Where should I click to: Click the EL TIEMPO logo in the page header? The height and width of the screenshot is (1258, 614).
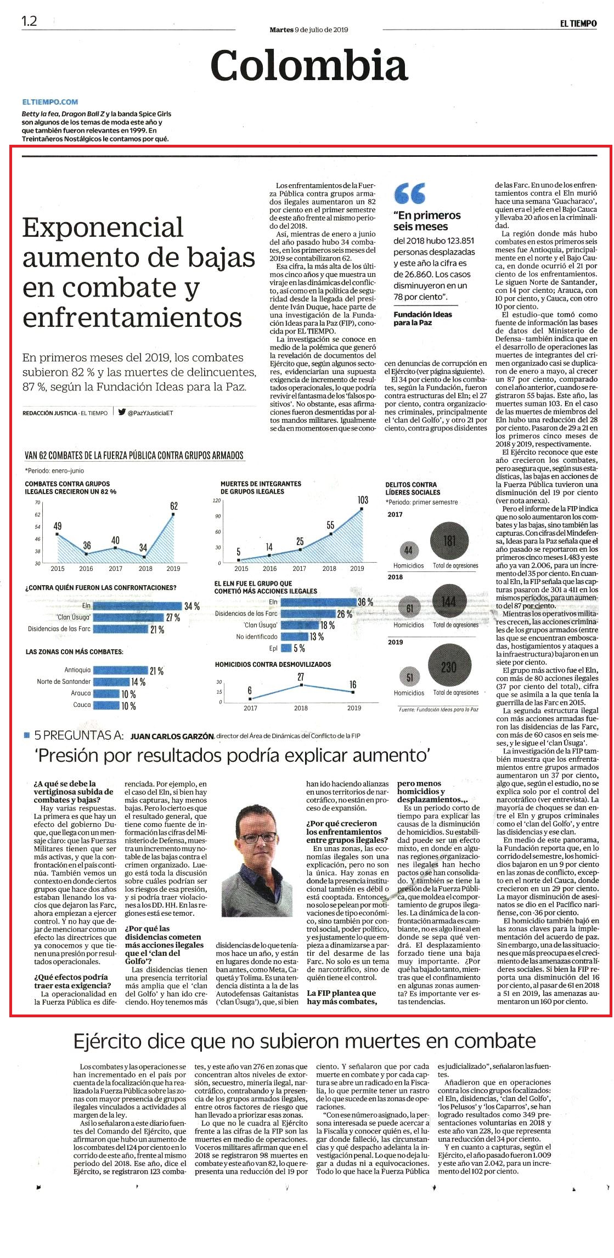578,24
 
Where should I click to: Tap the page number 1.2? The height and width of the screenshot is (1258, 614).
30,21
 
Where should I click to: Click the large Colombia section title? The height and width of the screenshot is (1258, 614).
309,65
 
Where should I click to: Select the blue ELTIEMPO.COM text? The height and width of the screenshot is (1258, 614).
50,101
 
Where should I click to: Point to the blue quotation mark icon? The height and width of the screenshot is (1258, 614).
410,192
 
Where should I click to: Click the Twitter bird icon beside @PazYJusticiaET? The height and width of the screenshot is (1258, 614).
122,412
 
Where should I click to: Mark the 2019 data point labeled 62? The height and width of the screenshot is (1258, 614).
174,514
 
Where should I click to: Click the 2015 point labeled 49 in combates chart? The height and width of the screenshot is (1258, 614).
58,534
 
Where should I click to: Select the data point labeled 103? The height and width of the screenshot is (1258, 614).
362,509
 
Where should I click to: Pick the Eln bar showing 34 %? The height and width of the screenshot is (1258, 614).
137,606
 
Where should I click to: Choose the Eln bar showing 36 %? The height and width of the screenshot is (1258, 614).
318,602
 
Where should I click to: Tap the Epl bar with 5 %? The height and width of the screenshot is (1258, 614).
286,648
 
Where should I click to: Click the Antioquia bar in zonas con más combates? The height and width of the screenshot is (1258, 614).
120,670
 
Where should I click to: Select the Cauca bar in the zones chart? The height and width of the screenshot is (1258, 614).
106,705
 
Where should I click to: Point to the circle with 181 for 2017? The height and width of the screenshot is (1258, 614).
449,541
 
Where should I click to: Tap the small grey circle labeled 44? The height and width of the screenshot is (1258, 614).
408,550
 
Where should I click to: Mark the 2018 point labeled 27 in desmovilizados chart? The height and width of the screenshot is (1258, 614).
301,685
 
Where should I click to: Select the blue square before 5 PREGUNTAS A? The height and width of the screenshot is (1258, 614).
27,735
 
